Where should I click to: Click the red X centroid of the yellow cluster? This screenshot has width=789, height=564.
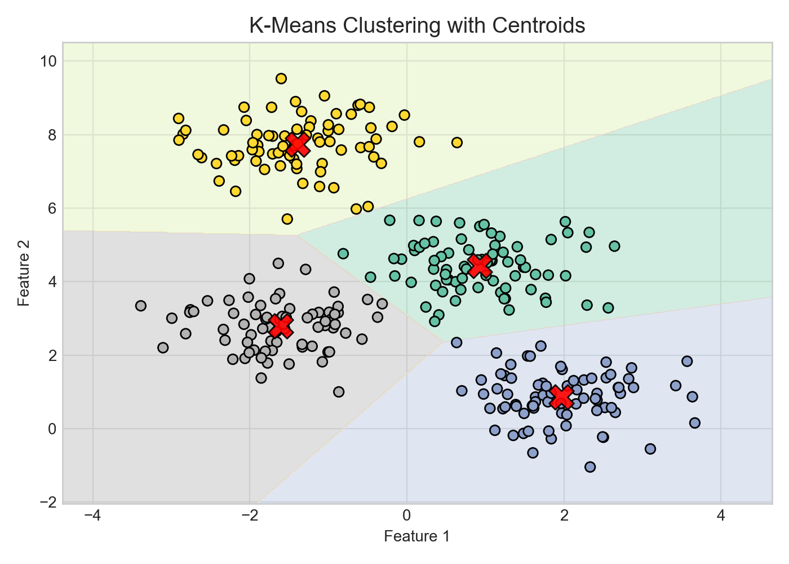point(298,144)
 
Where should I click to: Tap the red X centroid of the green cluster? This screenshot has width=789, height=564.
point(479,265)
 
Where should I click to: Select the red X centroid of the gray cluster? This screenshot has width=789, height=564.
point(281,326)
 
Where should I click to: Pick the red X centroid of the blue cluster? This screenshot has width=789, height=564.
point(561,396)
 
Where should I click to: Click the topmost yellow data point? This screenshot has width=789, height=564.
point(281,78)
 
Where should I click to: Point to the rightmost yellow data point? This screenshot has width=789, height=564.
point(457,142)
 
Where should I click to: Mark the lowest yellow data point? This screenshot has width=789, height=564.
point(287,219)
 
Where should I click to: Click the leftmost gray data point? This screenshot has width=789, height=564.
point(141,306)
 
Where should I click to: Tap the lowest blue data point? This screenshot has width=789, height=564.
point(590,466)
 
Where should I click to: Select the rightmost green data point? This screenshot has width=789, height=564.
point(614,246)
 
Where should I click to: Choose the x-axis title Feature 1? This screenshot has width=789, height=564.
point(417,536)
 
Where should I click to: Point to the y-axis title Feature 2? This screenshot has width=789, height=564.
point(24,273)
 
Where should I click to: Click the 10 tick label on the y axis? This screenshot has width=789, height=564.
point(47,61)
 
